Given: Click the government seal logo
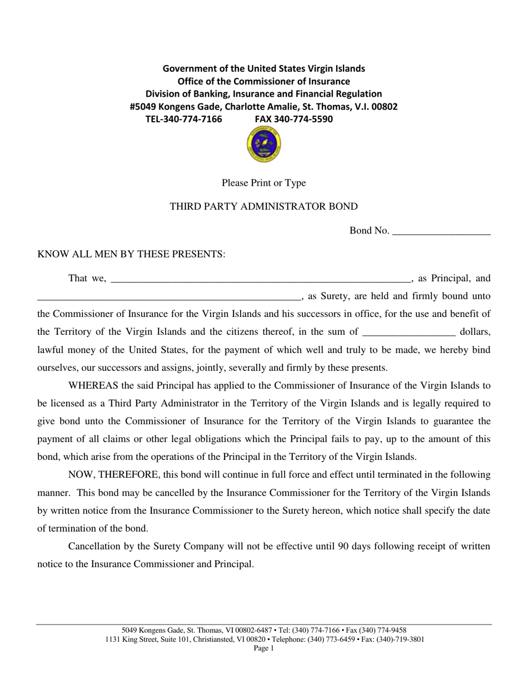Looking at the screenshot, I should [x=263, y=145].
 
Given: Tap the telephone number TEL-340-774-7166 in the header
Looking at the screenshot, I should [x=183, y=119].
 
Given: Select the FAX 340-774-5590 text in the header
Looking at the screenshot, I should [x=294, y=119].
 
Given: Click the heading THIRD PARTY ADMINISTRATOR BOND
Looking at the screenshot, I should [x=263, y=207].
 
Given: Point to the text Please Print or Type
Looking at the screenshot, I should [x=263, y=183].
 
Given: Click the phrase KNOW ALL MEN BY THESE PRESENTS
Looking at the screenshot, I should [x=131, y=255].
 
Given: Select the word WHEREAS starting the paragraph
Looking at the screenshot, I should [x=93, y=385].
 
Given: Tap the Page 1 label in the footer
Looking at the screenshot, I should [x=263, y=648].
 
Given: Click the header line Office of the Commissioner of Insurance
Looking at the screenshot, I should [x=263, y=81].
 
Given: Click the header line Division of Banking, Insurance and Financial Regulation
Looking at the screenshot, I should [x=263, y=94].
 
